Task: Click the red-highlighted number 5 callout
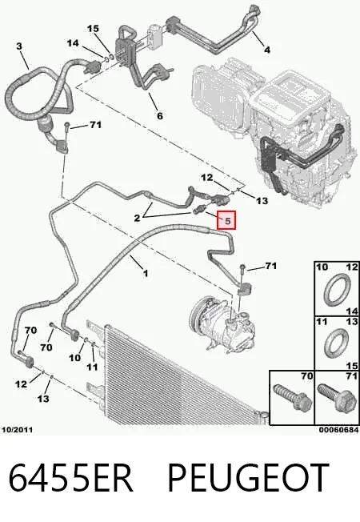226,220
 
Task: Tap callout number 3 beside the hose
19,46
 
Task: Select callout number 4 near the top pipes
267,50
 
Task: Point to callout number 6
160,115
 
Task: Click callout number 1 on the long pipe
146,273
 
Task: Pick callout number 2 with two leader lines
137,218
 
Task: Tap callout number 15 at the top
93,29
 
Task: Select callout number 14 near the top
73,43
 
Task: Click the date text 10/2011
18,430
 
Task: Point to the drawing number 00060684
339,430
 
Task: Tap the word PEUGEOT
249,478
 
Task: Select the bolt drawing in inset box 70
292,397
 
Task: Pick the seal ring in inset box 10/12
338,290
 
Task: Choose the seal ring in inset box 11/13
337,343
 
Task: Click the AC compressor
223,328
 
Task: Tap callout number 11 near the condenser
92,367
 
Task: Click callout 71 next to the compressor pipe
271,266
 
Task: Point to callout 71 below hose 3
95,125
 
